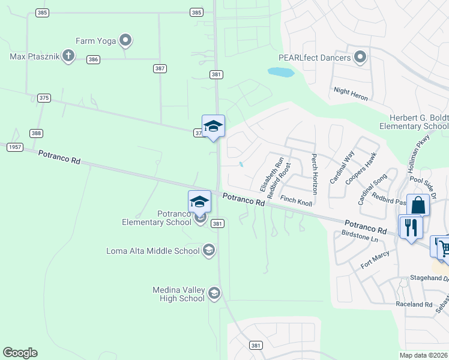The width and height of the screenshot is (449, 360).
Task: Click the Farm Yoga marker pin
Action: click(125, 41)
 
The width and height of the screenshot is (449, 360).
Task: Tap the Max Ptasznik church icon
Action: click(68, 57)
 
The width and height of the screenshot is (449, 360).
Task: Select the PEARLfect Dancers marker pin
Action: click(360, 58)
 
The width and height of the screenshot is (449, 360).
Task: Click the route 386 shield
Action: click(93, 59)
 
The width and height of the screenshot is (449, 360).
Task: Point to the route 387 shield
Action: click(160, 68)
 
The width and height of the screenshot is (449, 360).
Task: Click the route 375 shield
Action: click(44, 97)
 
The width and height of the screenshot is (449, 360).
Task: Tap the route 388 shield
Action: click(37, 133)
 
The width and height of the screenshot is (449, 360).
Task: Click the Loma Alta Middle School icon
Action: click(209, 250)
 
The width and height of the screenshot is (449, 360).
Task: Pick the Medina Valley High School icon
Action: click(214, 293)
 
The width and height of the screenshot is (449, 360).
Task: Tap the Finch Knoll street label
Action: click(296, 200)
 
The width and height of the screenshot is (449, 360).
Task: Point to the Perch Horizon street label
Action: click(314, 173)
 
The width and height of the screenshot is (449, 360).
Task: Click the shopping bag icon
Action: click(418, 205)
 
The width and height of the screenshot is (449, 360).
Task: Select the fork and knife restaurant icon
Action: click(411, 226)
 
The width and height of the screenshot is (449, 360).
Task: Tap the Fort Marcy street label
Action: click(375, 259)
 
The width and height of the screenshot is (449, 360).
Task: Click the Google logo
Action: click(20, 353)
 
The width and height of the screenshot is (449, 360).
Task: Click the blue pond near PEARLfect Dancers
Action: click(281, 73)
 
